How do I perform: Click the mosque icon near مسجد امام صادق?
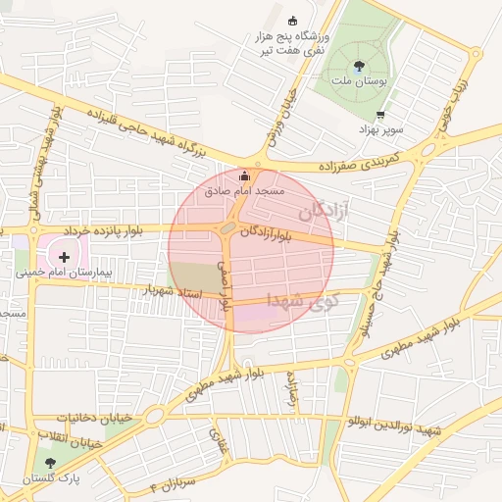point(243,177)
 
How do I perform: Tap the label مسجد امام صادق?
point(244,192)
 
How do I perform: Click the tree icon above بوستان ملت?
point(359,64)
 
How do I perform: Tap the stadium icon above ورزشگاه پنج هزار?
point(291,20)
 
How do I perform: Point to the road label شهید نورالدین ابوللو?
point(393,427)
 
